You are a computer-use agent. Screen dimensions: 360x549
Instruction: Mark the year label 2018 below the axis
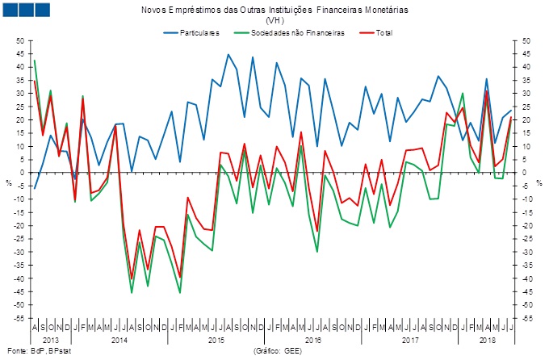487,341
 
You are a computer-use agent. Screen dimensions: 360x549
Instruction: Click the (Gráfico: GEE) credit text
276,352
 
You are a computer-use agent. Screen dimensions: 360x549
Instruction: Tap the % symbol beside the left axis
9,182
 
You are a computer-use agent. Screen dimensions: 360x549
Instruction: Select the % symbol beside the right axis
539,182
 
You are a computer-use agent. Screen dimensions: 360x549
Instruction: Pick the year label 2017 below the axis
409,341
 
